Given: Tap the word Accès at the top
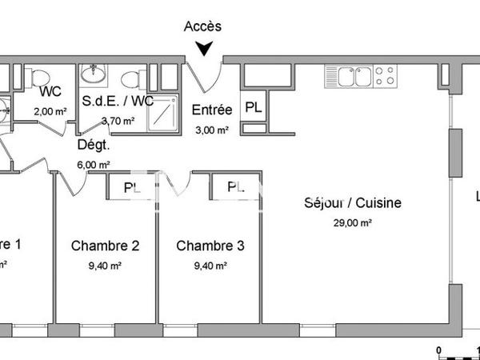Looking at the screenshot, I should tap(203, 26).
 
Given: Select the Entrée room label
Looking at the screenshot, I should tap(212, 110).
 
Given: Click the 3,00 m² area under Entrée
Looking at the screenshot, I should tap(212, 130).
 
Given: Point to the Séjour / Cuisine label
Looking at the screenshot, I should tap(352, 203).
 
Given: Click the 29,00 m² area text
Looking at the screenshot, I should tap(353, 223).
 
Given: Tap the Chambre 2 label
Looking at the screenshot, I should tap(106, 246).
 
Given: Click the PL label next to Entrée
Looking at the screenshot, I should tap(252, 106).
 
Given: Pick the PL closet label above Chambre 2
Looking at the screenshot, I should tap(130, 187).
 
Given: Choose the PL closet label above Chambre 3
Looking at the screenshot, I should tap(235, 187).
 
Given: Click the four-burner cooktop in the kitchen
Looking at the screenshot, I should tap(385, 76).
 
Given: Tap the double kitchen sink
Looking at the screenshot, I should tap(350, 77).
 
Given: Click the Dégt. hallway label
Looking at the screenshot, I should tap(93, 145).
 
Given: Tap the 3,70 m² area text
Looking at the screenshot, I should tap(118, 121).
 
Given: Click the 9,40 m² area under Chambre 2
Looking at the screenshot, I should tap(106, 266).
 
